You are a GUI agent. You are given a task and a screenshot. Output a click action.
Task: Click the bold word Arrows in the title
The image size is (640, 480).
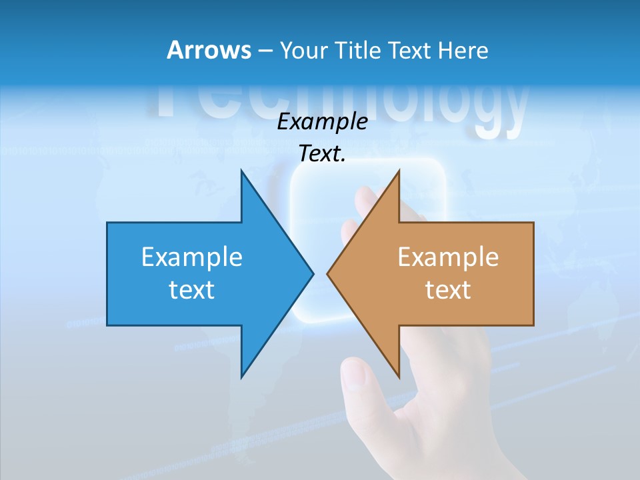[208, 50]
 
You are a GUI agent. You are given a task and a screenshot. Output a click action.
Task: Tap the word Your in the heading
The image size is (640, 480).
[303, 50]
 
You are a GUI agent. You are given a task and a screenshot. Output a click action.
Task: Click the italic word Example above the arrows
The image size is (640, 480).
[323, 121]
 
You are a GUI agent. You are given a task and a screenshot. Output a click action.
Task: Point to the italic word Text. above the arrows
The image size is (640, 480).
[323, 153]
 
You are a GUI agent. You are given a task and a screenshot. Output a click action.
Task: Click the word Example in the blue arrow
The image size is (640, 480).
[192, 257]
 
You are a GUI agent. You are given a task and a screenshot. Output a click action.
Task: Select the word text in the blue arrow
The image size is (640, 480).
[192, 289]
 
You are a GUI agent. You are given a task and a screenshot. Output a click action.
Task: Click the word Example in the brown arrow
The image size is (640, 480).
[448, 257]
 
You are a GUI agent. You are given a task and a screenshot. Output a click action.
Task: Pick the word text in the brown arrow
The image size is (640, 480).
[448, 289]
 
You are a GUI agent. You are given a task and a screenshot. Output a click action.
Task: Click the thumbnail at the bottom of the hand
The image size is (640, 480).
[353, 377]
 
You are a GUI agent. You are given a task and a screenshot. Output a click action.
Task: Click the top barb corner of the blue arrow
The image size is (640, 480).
[241, 171]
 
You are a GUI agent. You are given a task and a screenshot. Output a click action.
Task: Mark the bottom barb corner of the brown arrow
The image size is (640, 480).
[399, 377]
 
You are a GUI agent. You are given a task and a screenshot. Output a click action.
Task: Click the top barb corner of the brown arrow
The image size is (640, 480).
[399, 171]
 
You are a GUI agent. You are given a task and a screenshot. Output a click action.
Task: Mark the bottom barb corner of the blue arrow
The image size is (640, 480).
[241, 377]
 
